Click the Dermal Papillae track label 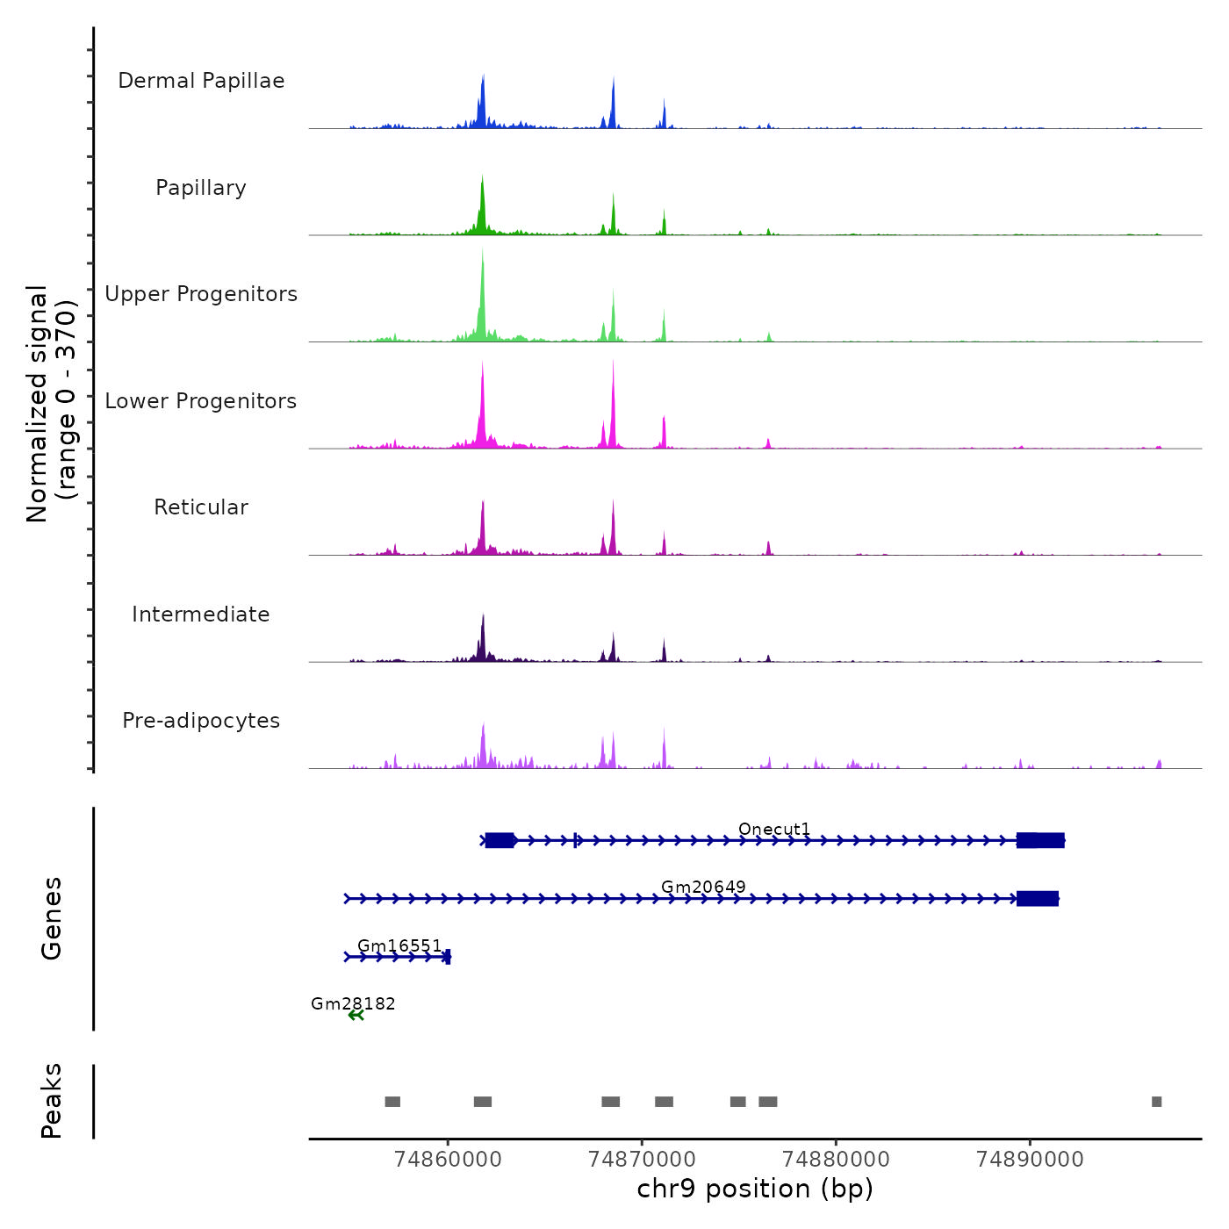201,81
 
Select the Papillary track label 201,188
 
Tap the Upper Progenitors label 201,294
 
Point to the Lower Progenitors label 201,401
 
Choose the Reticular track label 201,507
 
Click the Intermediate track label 201,614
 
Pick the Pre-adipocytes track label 201,721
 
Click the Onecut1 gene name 774,830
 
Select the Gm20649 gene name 703,887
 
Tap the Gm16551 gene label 399,945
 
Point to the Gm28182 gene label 353,1003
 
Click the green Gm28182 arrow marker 356,1016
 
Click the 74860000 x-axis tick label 448,1159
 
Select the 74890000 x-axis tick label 1030,1159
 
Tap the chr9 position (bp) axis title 755,1189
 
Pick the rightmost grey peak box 1156,1102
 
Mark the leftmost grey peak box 392,1102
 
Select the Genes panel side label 51,918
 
